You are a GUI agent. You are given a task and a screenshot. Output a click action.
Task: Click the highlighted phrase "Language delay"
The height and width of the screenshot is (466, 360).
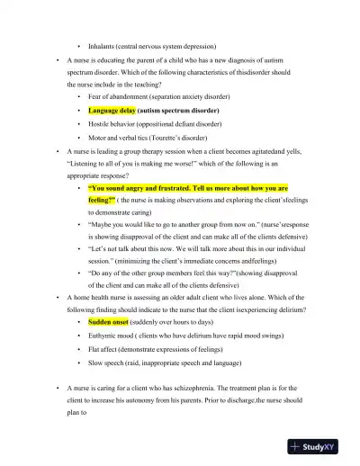[112, 109]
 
